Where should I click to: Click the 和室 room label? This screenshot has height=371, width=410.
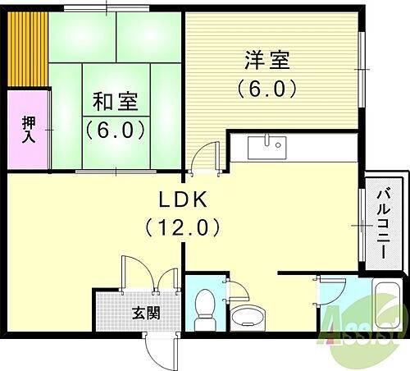115,103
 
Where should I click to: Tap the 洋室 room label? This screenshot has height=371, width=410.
266,61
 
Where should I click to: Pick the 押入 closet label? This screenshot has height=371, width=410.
26,130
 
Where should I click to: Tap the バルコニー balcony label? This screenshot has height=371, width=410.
383,224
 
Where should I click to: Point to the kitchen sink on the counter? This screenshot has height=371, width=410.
265,147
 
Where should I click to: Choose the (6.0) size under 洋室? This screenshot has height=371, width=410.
266,87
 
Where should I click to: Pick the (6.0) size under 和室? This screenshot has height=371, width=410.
115,130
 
